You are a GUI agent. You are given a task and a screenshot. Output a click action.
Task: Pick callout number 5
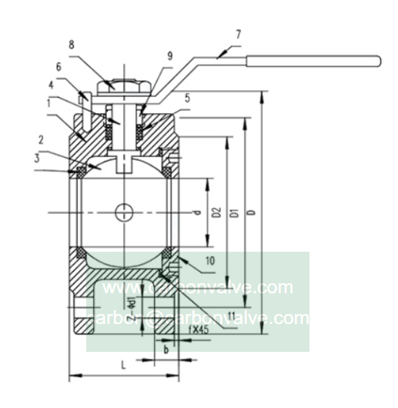[188, 99]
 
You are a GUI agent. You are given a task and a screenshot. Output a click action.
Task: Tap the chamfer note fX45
[177, 329]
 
